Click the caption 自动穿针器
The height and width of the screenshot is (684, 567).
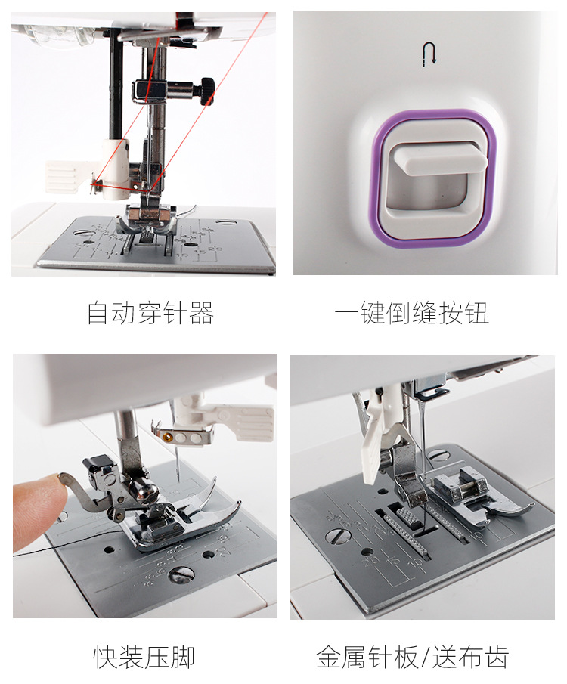click(150, 313)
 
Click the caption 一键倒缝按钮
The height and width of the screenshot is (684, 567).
click(411, 313)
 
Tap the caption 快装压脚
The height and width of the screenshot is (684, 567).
click(144, 657)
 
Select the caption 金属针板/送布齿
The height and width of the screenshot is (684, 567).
click(413, 657)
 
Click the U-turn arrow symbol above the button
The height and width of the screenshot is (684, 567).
click(429, 54)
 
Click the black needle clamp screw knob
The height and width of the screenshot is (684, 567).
click(207, 91)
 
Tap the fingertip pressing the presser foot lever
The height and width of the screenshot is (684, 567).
click(37, 510)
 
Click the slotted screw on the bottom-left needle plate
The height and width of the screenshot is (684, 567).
click(181, 574)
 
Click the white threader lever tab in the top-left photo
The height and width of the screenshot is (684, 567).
click(64, 177)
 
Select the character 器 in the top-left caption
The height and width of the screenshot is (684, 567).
click(201, 313)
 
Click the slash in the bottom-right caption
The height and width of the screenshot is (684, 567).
click(425, 657)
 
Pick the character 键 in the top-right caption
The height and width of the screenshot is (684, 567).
click(373, 313)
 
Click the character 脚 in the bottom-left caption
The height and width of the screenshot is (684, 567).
click(182, 657)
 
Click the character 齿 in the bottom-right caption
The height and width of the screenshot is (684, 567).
click(496, 657)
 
